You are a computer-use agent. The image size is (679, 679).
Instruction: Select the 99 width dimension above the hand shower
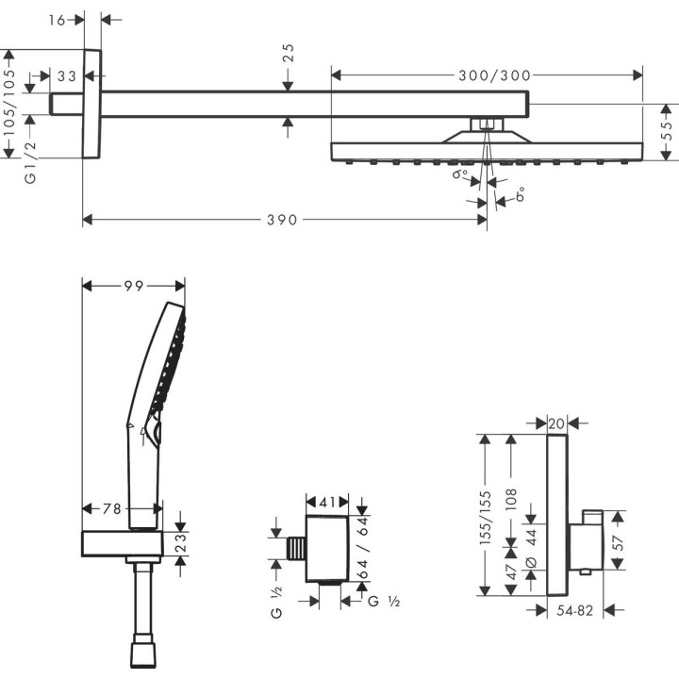133,285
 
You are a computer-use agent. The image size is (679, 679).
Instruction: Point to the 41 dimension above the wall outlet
328,503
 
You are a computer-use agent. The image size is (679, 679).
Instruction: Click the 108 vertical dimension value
512,499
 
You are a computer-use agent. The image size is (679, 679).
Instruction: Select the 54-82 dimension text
575,611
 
